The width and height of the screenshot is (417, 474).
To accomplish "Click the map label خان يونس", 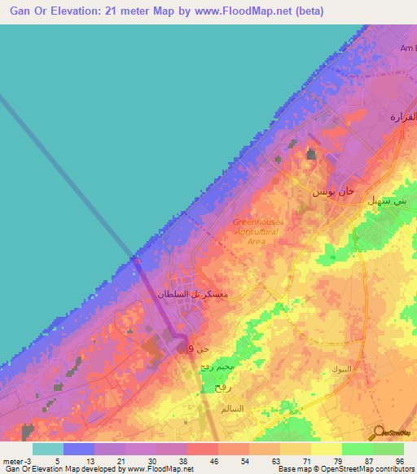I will click(334, 191).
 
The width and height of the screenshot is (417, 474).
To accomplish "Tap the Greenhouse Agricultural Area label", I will click(256, 231).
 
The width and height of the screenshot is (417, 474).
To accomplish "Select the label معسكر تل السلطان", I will click(191, 293).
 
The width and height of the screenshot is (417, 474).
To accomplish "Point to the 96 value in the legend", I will click(398, 460).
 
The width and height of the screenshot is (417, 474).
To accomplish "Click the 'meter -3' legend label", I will click(18, 460).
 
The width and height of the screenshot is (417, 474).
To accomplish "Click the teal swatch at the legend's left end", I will click(48, 449).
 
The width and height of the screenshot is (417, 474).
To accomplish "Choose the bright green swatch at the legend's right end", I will click(388, 449).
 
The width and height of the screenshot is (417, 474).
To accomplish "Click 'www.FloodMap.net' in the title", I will click(240, 11).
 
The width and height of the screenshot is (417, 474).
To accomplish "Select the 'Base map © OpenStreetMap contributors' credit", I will click(345, 469).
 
